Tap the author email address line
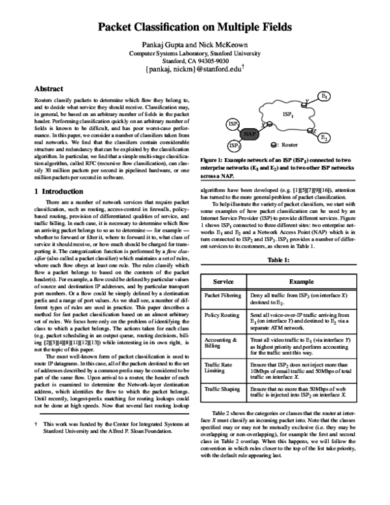[194, 66]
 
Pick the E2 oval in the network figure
[325, 138]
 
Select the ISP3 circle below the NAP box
[234, 145]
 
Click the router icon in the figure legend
[274, 145]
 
